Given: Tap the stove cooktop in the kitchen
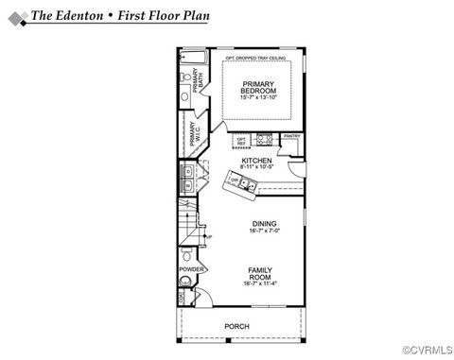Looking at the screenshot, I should point(265,143).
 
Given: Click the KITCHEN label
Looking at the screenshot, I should point(256,162).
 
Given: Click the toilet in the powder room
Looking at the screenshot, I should point(187,255).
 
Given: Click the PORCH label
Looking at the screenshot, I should point(236,326).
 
